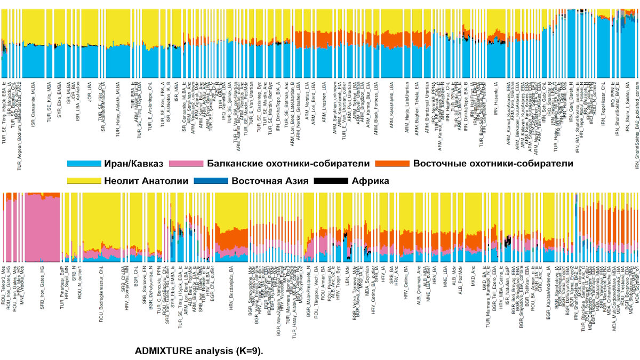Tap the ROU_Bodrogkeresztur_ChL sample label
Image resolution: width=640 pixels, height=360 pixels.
pos(100,294)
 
